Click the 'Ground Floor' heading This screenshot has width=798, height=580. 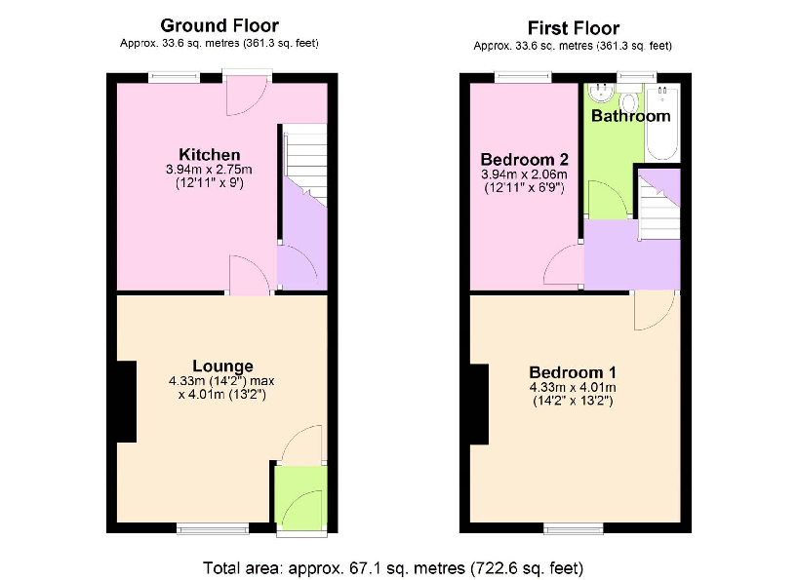pos(219,25)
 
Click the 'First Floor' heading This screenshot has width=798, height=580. pos(573,27)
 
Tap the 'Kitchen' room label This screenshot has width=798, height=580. pos(209,155)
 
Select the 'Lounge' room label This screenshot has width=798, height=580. pos(222,367)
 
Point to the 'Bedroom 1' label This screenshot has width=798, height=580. pos(572,372)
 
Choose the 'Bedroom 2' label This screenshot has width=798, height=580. pos(524,159)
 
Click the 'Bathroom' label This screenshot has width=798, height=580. pos(631,116)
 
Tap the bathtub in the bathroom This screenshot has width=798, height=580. pos(664,122)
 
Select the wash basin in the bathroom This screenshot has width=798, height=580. pos(601,96)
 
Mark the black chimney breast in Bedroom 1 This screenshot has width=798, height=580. pos(478,404)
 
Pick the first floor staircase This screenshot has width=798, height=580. pos(658,205)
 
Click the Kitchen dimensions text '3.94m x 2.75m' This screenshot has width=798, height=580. pos(209,170)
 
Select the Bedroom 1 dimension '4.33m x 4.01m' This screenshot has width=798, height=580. pos(572,387)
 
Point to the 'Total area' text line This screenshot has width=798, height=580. pos(393,567)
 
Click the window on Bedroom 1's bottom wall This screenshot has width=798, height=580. pos(571,527)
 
